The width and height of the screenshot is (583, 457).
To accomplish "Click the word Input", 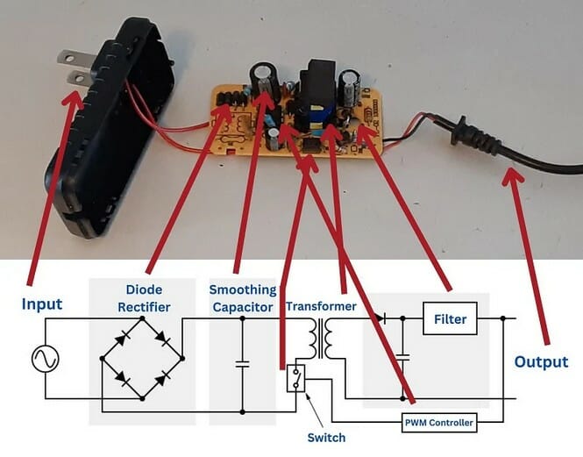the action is click(x=42, y=304).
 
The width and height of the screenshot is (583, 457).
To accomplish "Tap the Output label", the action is click(x=541, y=361).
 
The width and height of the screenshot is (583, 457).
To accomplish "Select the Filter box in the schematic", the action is click(x=450, y=318).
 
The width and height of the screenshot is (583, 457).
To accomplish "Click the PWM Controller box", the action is click(x=439, y=423).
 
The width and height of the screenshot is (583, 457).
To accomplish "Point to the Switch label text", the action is click(x=326, y=438).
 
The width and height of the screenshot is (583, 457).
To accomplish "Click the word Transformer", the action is click(x=321, y=306).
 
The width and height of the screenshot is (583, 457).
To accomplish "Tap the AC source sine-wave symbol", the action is click(x=46, y=359).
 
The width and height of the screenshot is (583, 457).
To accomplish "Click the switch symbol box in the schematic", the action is click(x=296, y=378).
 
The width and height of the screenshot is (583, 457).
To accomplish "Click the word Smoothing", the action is click(x=243, y=290).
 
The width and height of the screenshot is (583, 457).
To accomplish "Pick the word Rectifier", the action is click(x=144, y=307).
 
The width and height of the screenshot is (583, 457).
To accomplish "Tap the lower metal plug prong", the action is click(x=79, y=78).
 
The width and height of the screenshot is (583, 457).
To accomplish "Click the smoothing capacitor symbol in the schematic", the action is click(x=243, y=364).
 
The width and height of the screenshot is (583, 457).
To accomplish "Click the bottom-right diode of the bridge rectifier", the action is click(x=162, y=380).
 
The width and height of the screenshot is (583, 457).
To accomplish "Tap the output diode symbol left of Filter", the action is click(x=380, y=318).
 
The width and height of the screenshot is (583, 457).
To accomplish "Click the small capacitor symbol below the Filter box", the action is click(x=402, y=358).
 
